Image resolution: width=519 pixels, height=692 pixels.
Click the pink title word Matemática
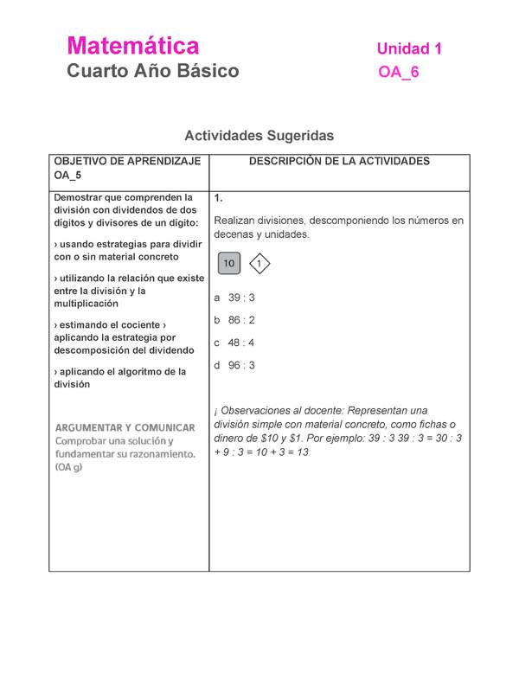pyautogui.click(x=133, y=46)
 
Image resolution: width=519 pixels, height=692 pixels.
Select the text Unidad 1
pyautogui.click(x=409, y=49)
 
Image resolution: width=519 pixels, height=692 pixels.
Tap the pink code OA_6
pyautogui.click(x=399, y=73)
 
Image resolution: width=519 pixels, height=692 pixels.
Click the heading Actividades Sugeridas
pyautogui.click(x=259, y=136)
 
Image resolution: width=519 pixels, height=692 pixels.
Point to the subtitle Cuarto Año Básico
pyautogui.click(x=153, y=71)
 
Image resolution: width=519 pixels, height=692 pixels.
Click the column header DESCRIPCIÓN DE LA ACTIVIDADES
pyautogui.click(x=339, y=162)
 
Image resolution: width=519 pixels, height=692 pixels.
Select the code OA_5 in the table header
pyautogui.click(x=67, y=176)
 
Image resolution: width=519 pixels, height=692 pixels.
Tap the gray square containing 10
pyautogui.click(x=228, y=264)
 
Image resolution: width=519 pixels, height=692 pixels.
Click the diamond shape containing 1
pyautogui.click(x=259, y=264)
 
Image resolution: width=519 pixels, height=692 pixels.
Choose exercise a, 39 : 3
pyautogui.click(x=234, y=298)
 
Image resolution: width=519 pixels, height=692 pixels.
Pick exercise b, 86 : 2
pyautogui.click(x=234, y=320)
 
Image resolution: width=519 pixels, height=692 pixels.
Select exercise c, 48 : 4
pyautogui.click(x=234, y=343)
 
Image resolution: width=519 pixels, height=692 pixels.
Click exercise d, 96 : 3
pyautogui.click(x=234, y=365)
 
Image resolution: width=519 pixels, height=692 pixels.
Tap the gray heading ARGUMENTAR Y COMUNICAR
pyautogui.click(x=125, y=427)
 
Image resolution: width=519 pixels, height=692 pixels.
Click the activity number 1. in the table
pyautogui.click(x=219, y=198)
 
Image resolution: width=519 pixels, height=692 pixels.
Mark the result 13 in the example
pyautogui.click(x=302, y=452)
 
